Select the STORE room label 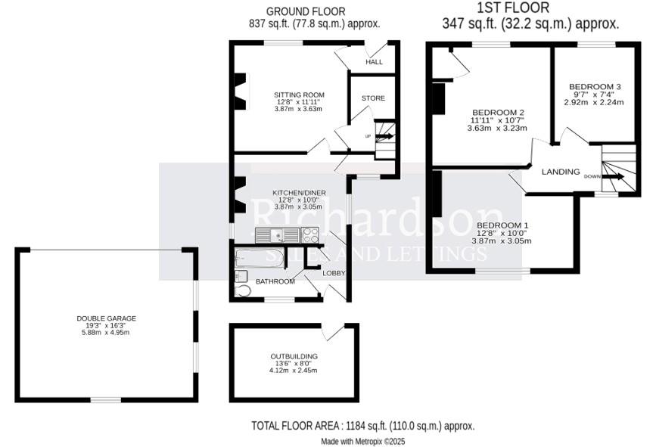tap(373, 98)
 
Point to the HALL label tap(375, 62)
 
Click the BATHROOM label tap(275, 281)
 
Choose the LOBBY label tap(334, 273)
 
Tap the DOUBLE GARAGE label tap(106, 318)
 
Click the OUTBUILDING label tap(294, 356)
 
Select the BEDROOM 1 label tap(502, 226)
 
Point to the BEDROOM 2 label tap(496, 113)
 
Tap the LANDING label tap(561, 172)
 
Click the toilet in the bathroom tap(243, 290)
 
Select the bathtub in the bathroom tap(260, 259)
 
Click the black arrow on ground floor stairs tap(384, 137)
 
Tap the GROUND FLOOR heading tap(306, 11)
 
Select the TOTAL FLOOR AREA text tap(362, 426)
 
